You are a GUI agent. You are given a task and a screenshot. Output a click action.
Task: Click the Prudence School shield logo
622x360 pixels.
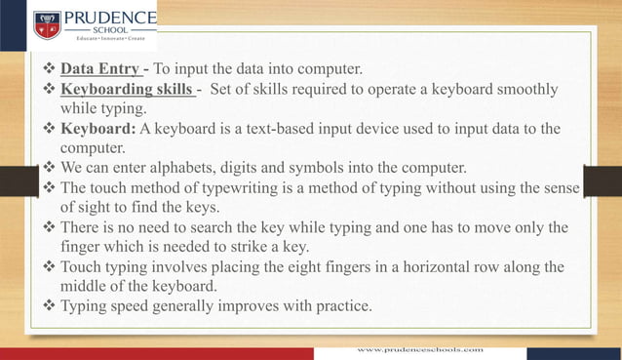[x=48, y=24]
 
